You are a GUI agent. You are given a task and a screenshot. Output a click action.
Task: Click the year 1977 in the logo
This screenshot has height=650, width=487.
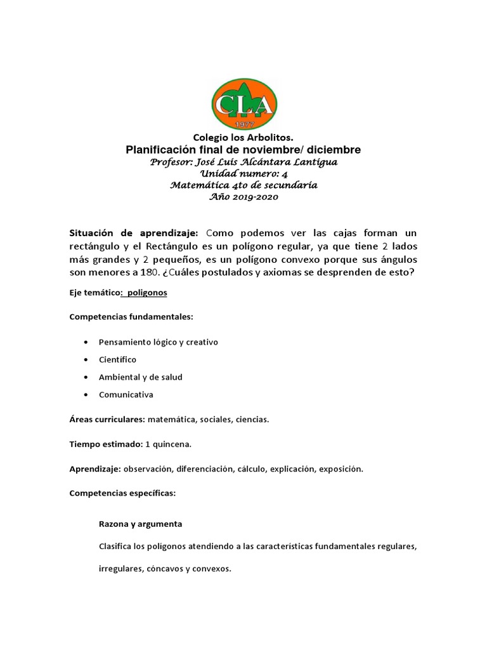click(x=243, y=123)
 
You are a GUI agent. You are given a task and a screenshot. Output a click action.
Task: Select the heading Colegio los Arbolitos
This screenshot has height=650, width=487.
click(x=243, y=138)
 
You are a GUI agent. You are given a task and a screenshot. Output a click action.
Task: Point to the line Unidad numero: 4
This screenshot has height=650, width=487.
click(x=243, y=173)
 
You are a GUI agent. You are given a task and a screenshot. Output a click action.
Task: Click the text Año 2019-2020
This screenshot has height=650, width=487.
click(x=243, y=197)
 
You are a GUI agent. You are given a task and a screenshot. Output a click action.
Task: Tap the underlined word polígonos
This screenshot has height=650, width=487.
click(x=146, y=293)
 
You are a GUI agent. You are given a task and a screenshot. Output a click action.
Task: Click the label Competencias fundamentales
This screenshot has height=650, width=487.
click(x=131, y=316)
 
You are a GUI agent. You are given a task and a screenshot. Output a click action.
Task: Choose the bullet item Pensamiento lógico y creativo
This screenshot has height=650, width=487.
click(x=158, y=342)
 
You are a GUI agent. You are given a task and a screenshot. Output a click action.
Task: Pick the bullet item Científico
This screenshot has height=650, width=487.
click(x=117, y=359)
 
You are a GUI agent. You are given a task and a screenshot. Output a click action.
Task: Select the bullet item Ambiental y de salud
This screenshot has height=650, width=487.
click(x=140, y=377)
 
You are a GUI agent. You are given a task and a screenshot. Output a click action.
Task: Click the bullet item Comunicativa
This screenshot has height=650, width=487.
click(x=126, y=395)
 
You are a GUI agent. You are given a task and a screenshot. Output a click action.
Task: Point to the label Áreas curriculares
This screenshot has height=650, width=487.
click(x=107, y=420)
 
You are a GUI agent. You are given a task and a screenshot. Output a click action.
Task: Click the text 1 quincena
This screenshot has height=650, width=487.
click(x=169, y=444)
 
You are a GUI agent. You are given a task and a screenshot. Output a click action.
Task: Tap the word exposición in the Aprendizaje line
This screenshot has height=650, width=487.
click(x=341, y=469)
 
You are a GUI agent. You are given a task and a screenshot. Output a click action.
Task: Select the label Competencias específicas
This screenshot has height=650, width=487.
click(x=122, y=493)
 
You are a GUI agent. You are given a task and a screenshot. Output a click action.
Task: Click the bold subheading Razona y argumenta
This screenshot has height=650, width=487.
click(x=140, y=524)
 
